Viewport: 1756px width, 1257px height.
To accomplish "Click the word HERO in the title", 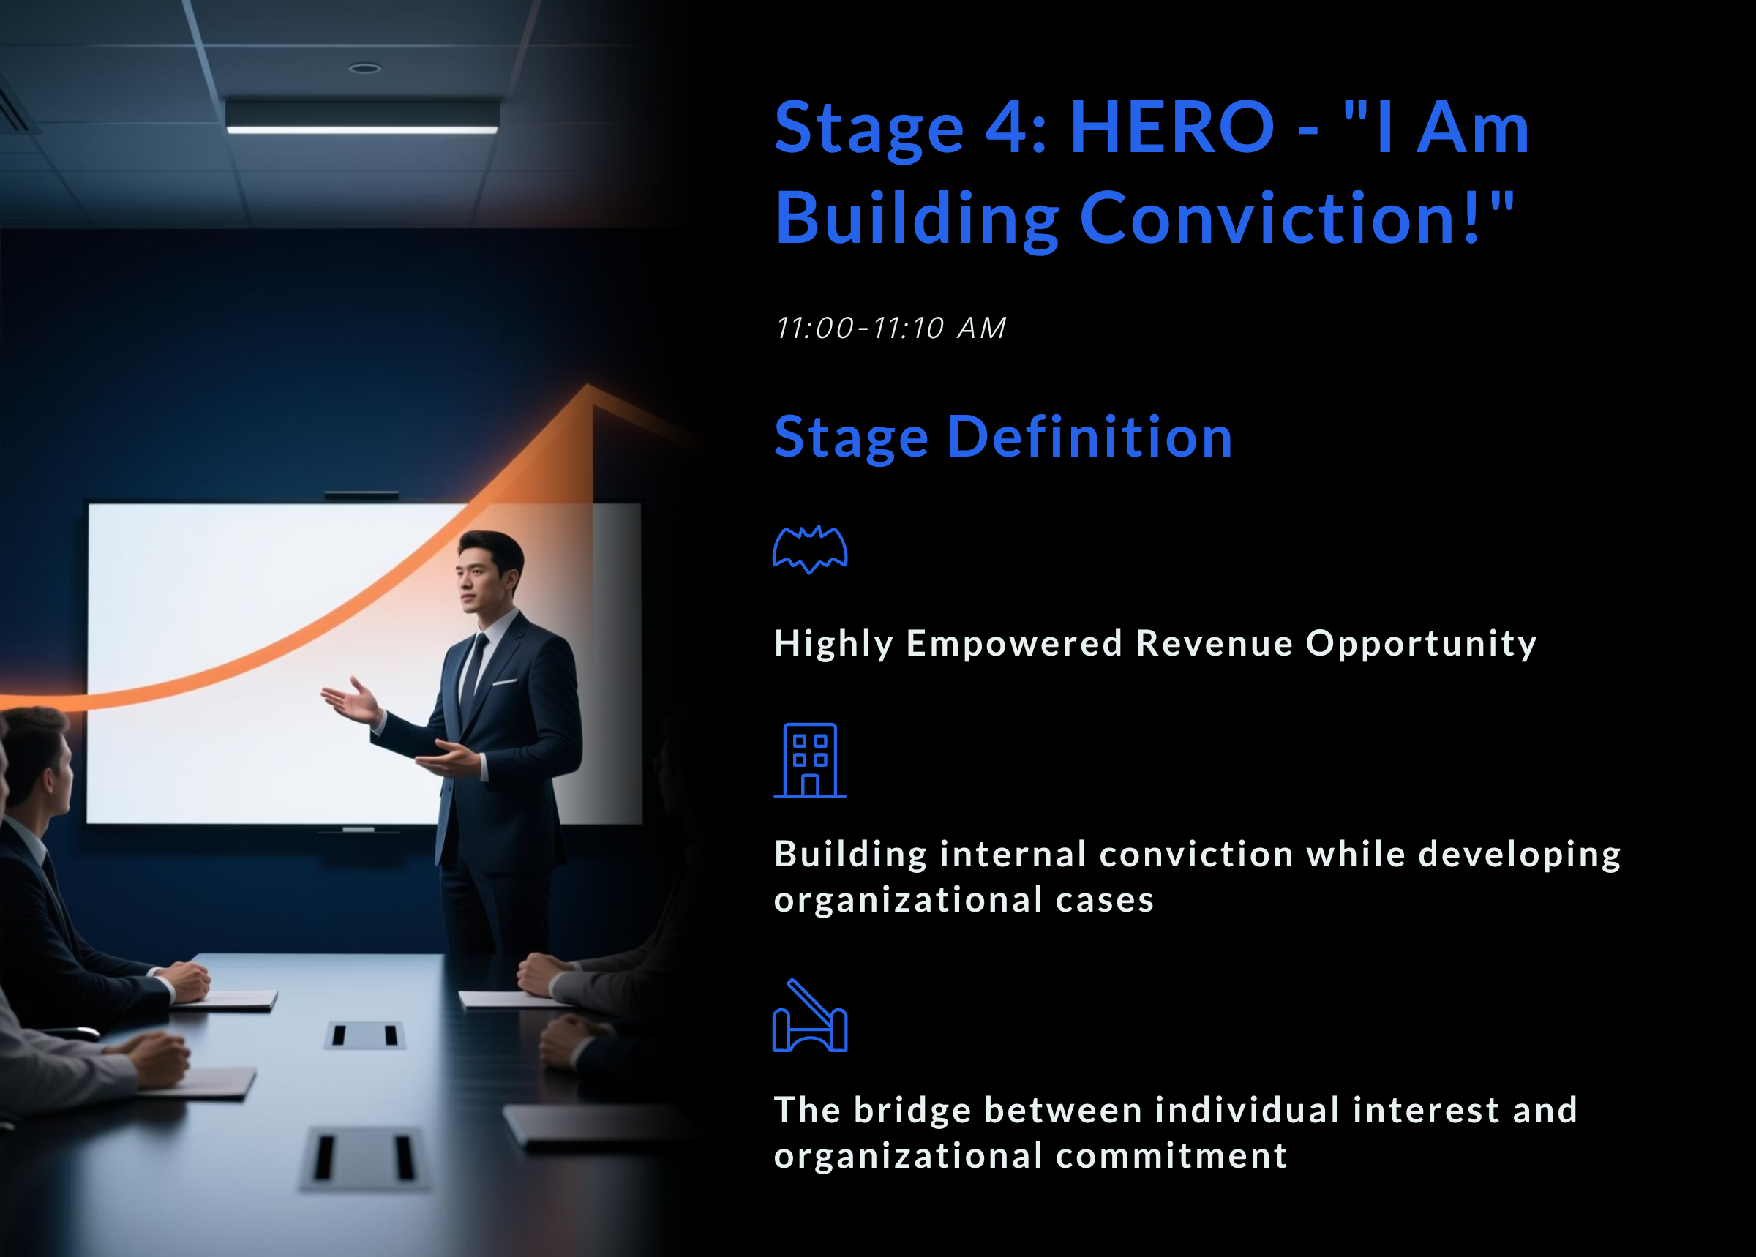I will tap(1171, 128).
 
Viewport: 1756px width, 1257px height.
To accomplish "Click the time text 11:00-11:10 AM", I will tap(890, 329).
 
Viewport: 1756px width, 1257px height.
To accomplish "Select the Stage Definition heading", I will tap(1003, 438).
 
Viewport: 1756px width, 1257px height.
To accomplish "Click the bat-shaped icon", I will tap(809, 549).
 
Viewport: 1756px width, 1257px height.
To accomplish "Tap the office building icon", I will tap(809, 760).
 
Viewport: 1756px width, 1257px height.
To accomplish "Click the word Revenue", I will tap(1215, 643).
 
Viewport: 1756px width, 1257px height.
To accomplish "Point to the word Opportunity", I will tap(1421, 643).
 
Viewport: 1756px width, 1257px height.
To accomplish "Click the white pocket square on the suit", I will tap(505, 682).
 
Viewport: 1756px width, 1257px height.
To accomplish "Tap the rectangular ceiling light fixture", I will tap(362, 116).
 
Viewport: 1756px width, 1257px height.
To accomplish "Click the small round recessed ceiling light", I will tap(364, 68).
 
